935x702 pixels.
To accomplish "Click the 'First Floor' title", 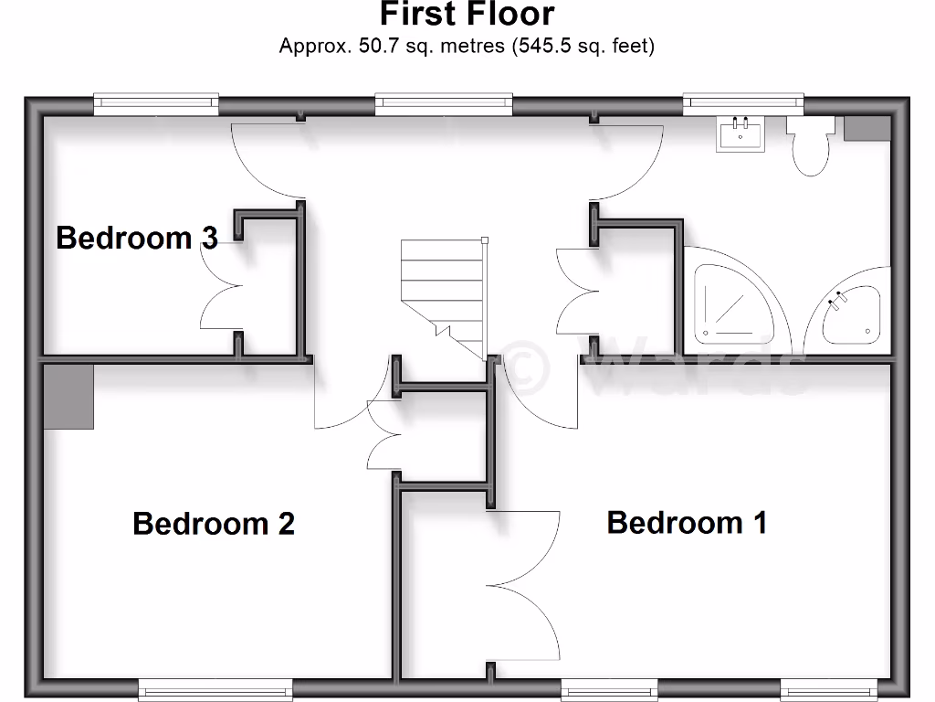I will (467, 15).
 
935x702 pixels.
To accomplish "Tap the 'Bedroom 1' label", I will (687, 523).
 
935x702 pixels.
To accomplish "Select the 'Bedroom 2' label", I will (214, 524).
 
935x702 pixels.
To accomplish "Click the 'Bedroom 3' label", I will (137, 238).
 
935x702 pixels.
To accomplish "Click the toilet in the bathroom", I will (810, 146).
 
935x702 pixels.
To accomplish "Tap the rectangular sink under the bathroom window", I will (741, 134).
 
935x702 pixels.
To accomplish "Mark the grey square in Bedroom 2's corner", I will (68, 396).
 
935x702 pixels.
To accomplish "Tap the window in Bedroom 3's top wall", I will (156, 102).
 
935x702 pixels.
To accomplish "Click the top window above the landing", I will (444, 102).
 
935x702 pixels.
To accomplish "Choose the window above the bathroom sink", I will (742, 102).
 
